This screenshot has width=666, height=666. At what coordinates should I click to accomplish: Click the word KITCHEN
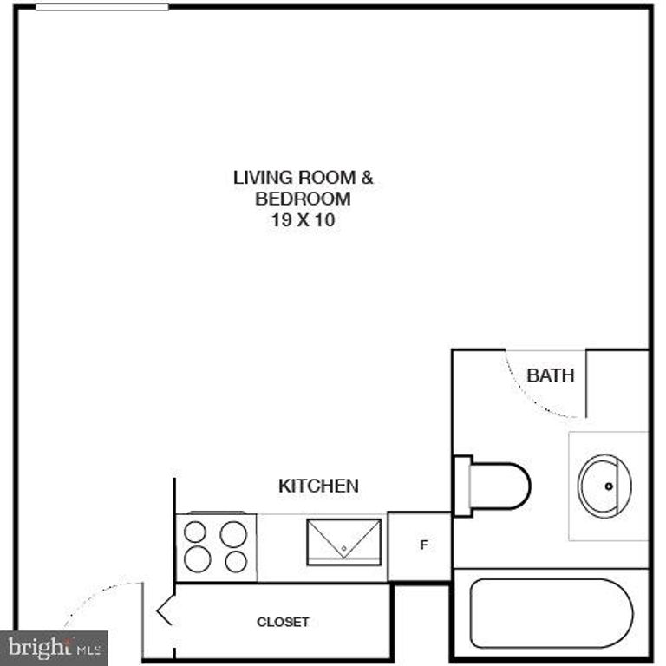tap(318, 486)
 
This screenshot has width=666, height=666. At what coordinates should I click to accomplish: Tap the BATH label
tap(551, 375)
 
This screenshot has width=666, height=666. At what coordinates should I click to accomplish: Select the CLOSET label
tap(283, 622)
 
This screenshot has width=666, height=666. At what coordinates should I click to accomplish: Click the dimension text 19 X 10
tap(304, 220)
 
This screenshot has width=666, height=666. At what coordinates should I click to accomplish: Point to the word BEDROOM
tap(303, 199)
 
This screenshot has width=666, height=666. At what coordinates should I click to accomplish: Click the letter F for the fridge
tap(423, 545)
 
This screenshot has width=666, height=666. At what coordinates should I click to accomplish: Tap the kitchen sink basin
tap(344, 542)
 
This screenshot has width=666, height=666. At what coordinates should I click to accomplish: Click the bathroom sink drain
tap(609, 486)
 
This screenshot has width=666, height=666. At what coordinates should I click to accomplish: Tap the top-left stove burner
tap(196, 532)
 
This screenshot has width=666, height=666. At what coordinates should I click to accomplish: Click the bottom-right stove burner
tap(236, 561)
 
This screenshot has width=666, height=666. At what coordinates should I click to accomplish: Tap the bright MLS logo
tap(54, 647)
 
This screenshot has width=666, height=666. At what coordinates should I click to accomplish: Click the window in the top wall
tap(101, 7)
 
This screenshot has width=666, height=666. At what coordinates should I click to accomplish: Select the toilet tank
tap(462, 486)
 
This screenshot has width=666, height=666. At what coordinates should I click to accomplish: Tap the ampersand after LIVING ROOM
tap(367, 178)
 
